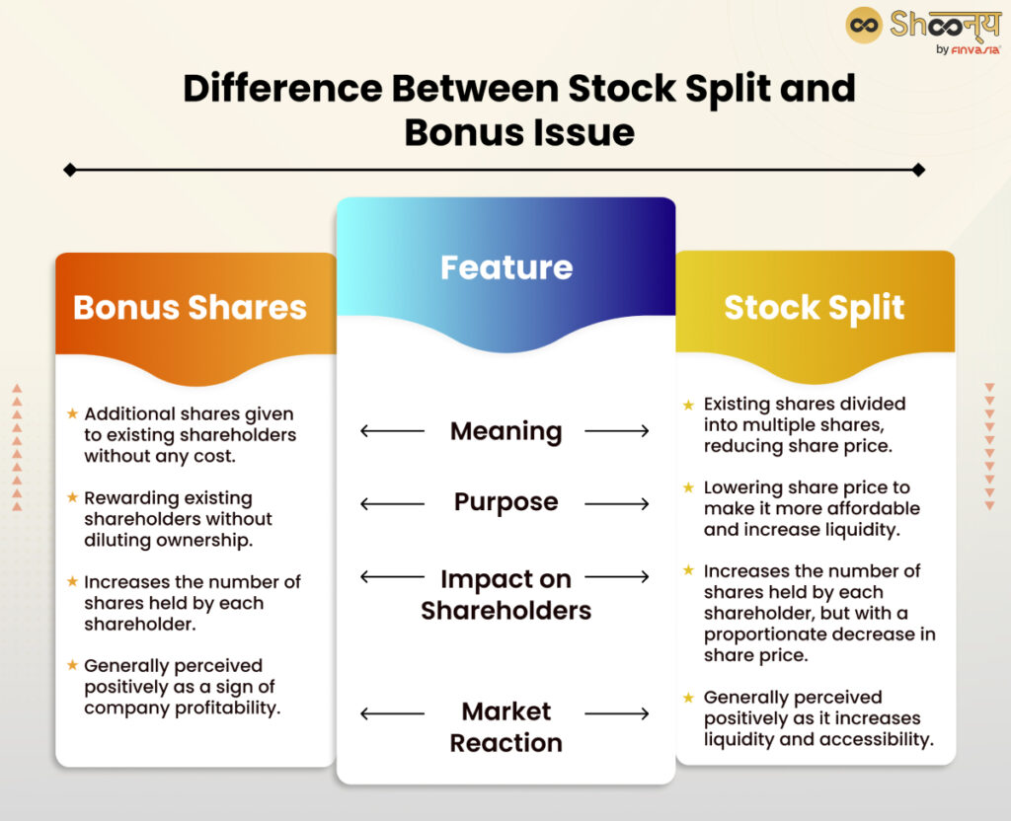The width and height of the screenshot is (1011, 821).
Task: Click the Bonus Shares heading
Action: [190, 307]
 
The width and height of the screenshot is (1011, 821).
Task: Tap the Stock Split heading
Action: [814, 307]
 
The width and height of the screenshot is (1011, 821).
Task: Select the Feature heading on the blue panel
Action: [505, 267]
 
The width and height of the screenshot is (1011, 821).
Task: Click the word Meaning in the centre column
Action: [505, 431]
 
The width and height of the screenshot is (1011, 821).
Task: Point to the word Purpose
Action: [505, 502]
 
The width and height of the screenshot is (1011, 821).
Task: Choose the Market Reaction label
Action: [505, 726]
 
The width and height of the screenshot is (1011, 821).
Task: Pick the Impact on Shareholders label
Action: [505, 594]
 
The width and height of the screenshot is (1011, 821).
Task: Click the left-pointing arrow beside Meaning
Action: [392, 431]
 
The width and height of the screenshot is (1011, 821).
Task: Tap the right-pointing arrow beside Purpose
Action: [617, 504]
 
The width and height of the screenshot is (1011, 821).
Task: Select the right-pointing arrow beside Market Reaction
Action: [617, 713]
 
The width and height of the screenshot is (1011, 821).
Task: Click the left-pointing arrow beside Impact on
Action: [392, 577]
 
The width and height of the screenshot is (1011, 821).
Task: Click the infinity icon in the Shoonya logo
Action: [864, 25]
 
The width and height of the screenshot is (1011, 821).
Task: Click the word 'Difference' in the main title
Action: [282, 89]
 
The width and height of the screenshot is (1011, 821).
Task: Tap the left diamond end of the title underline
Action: [69, 170]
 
